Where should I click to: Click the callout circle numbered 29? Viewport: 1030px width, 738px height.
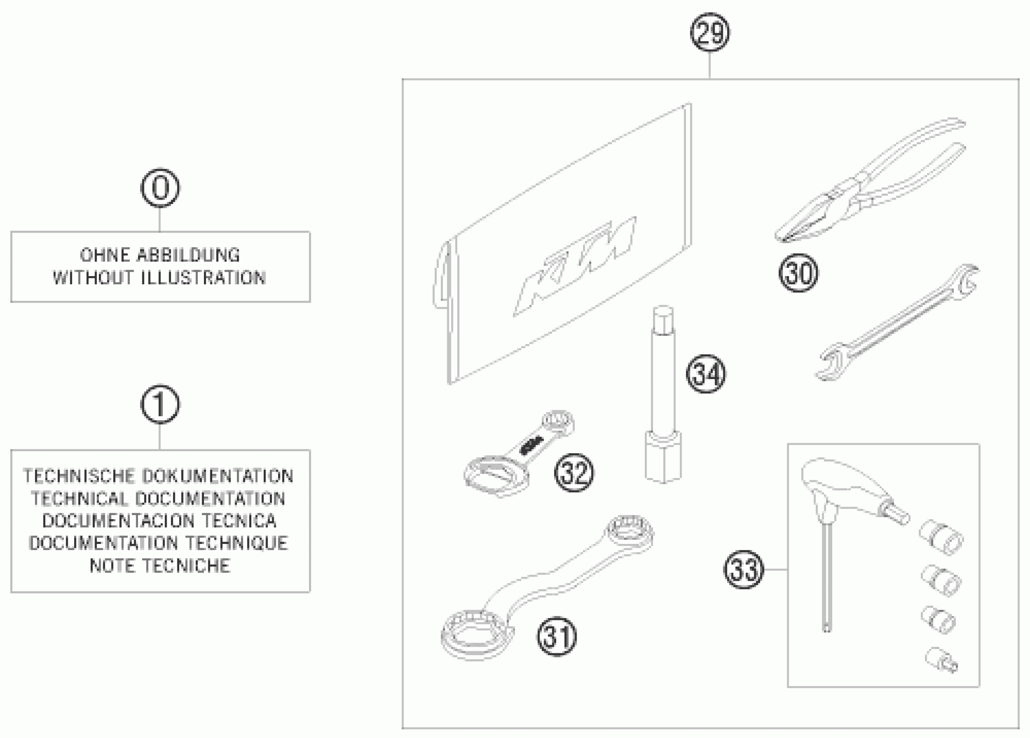pyautogui.click(x=710, y=33)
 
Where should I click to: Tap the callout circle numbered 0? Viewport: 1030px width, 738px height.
pyautogui.click(x=160, y=188)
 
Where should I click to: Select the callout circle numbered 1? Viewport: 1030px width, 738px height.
pyautogui.click(x=160, y=404)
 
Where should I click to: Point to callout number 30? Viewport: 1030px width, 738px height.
pyautogui.click(x=798, y=273)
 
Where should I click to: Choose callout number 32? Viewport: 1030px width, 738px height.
pyautogui.click(x=574, y=473)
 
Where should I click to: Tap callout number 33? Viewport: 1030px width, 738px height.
pyautogui.click(x=744, y=570)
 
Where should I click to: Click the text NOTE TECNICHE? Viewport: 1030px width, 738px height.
pyautogui.click(x=160, y=566)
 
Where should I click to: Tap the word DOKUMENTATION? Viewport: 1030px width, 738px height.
pyautogui.click(x=217, y=476)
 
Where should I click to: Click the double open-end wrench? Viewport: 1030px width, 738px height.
pyautogui.click(x=897, y=323)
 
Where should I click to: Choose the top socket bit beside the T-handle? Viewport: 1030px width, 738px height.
pyautogui.click(x=941, y=537)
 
